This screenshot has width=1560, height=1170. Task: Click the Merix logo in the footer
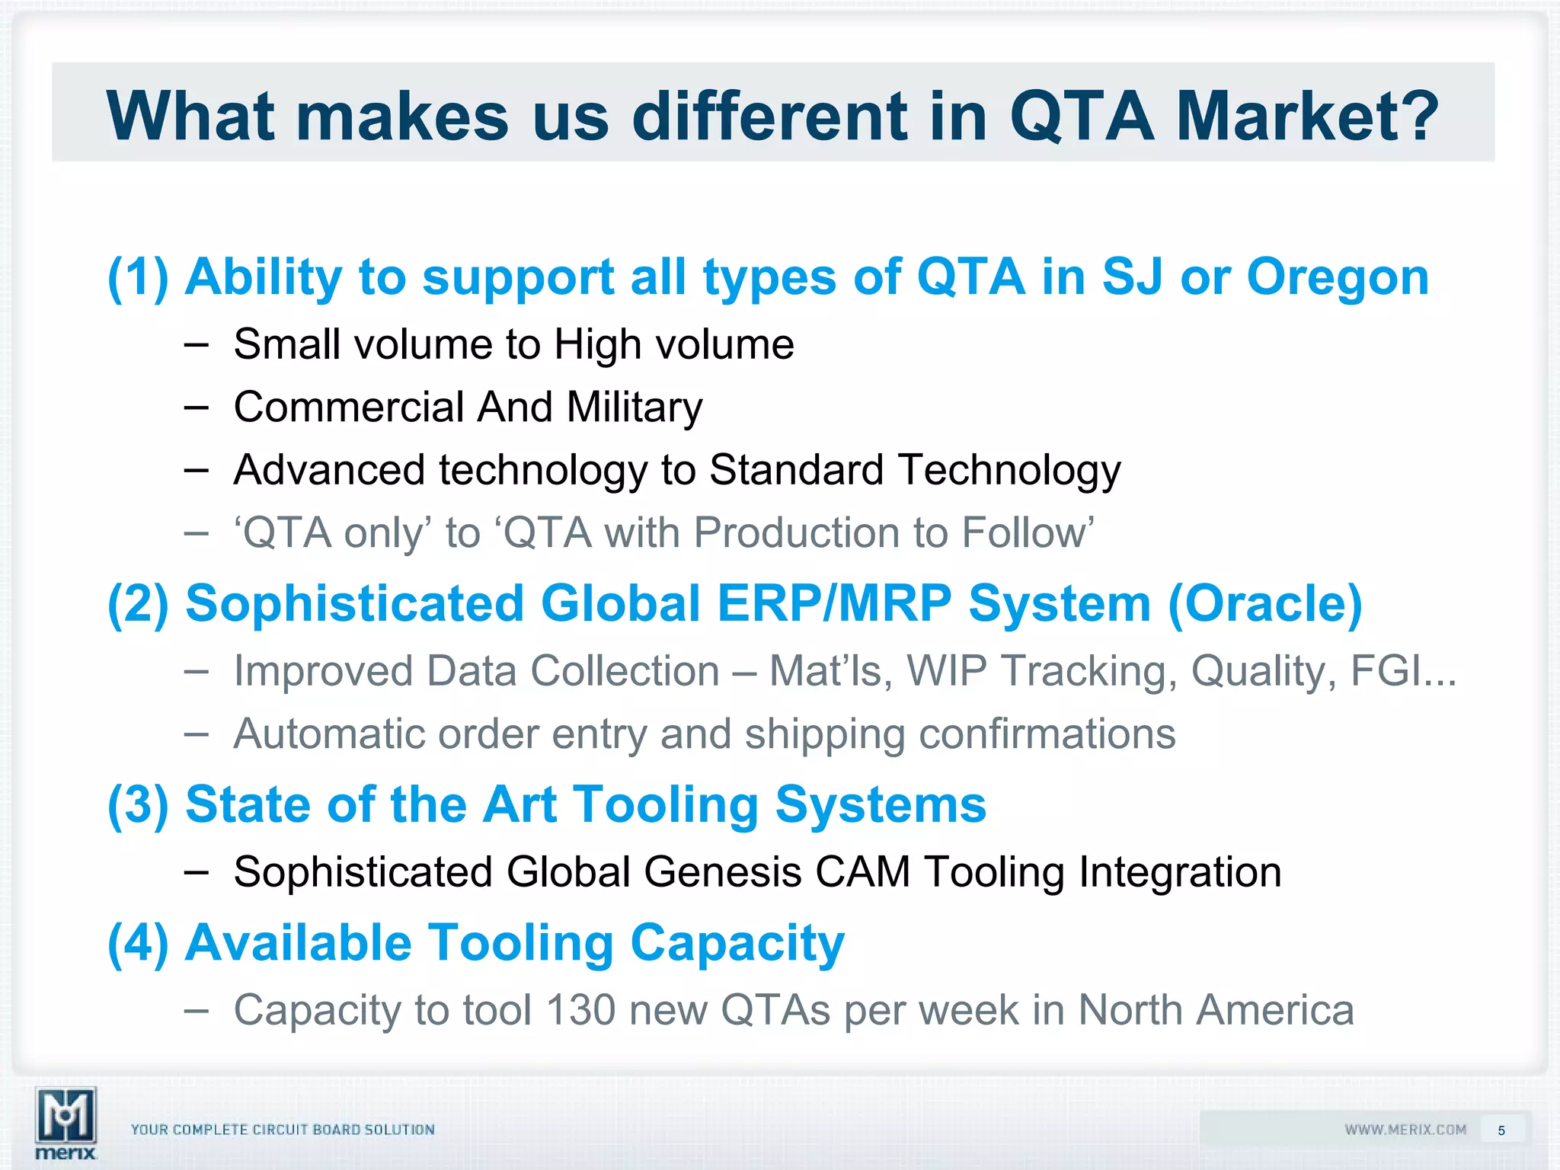pos(66,1122)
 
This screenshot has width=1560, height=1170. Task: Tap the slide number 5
pos(1501,1130)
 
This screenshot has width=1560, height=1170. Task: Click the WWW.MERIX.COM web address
pos(1405,1130)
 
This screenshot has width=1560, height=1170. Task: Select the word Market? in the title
pos(1307,116)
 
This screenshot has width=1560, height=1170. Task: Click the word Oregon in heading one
pos(1338,277)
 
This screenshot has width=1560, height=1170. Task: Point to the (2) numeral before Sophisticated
pos(138,603)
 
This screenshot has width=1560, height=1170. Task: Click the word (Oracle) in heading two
pos(1264,603)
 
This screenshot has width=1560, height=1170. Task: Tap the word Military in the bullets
pos(634,408)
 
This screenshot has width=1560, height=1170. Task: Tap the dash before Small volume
pos(196,345)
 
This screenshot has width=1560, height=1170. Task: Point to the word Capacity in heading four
pos(737,944)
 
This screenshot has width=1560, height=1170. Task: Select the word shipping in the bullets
pos(824,735)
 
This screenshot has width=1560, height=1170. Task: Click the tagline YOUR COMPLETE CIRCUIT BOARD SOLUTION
pos(283,1130)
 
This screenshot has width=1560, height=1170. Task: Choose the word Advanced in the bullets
pos(329,470)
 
